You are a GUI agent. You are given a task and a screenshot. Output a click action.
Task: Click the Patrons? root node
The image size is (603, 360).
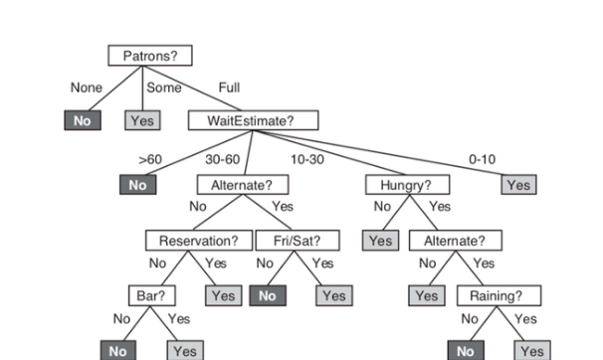pos(149,56)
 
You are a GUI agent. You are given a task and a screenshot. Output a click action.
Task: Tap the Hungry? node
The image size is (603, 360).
pos(407,185)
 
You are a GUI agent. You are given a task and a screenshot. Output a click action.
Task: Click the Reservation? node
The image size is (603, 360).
pos(196,240)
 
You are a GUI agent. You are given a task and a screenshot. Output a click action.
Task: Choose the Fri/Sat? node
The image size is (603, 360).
pos(296,240)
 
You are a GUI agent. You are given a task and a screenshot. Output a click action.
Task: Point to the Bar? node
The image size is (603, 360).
pos(151,295)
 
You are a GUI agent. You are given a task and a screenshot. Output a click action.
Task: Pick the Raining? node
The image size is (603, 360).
pos(499,295)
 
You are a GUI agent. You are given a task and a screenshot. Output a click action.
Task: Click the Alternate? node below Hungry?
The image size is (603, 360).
pos(455,240)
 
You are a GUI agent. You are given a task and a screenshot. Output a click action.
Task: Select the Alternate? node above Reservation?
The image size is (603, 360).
pos(242,185)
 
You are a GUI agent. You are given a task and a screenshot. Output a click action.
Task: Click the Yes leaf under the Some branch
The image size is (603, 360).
pos(140,120)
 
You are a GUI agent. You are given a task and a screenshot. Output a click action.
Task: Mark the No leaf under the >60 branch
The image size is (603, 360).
pos(137,185)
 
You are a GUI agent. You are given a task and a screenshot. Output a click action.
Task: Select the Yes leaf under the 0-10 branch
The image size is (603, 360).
pos(517,185)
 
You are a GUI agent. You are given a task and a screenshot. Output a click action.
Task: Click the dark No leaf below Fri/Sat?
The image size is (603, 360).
pos(267,295)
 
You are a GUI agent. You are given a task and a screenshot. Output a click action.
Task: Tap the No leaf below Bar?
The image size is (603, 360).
pos(117,350)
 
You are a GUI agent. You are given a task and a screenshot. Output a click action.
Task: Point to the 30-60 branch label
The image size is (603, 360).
pos(222,158)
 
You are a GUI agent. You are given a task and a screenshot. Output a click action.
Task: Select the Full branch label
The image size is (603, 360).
pos(228,88)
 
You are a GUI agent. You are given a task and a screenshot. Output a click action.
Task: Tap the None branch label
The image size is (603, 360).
pos(87,88)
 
